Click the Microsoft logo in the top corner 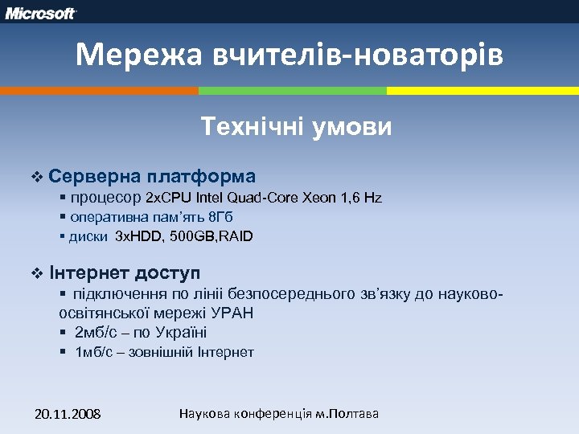pos(41,14)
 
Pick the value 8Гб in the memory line pos(221,217)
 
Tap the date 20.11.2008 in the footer pos(68,414)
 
